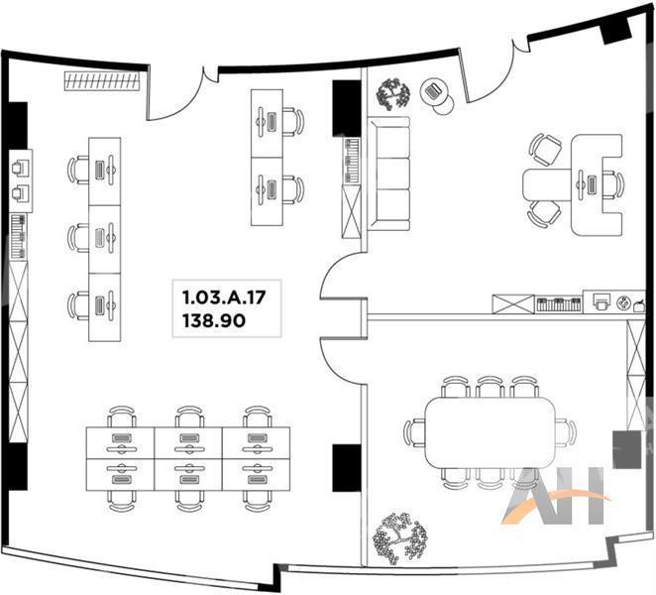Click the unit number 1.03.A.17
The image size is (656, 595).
click(224, 297)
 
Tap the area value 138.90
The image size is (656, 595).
click(214, 320)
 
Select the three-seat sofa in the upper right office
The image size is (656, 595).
click(388, 174)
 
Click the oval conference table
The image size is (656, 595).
click(490, 432)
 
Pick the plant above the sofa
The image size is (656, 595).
click(392, 94)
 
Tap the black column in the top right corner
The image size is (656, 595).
click(615, 30)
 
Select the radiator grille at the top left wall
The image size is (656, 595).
click(102, 80)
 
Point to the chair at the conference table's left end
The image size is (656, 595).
click(414, 432)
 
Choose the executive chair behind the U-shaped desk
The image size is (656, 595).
click(613, 184)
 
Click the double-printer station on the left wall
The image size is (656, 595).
click(21, 180)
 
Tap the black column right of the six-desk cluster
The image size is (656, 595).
click(347, 468)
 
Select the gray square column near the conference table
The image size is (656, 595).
click(626, 449)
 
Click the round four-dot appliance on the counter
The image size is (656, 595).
click(623, 303)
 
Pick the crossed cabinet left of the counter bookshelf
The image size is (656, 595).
click(513, 304)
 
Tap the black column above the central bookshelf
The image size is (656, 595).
click(347, 108)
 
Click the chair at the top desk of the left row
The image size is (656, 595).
click(78, 170)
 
